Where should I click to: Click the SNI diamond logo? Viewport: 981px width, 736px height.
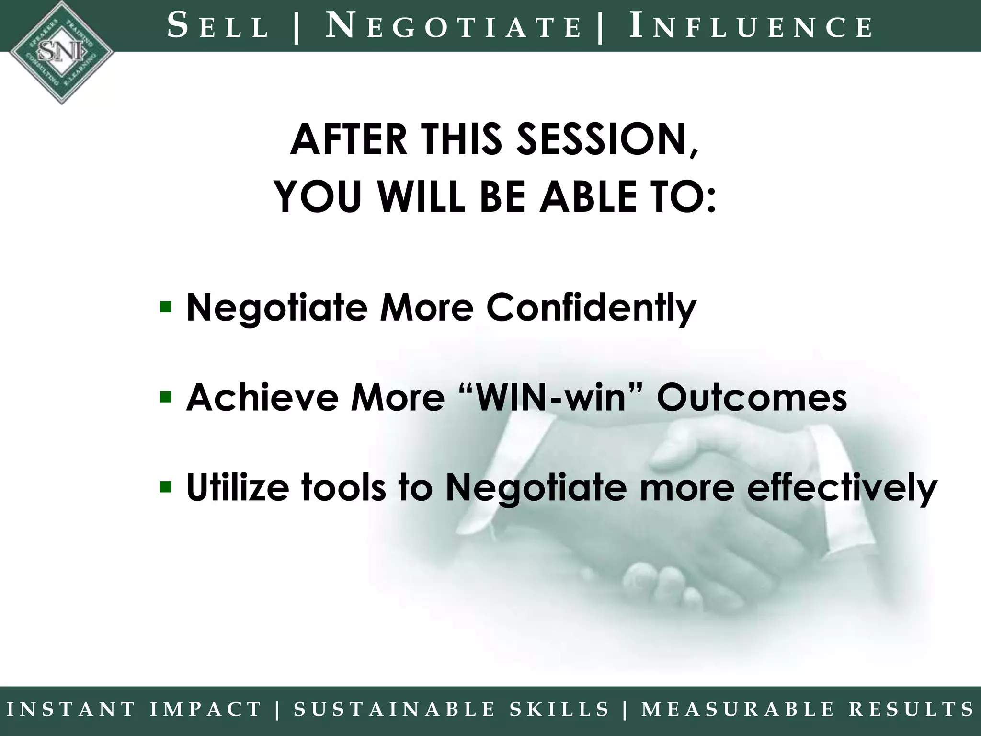(x=61, y=52)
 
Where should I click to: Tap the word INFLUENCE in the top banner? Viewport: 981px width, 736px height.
(x=750, y=27)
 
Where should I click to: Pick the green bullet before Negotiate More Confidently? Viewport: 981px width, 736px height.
(x=166, y=306)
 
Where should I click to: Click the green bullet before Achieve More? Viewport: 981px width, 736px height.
(x=166, y=397)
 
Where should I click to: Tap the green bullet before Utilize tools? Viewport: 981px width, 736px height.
(x=166, y=487)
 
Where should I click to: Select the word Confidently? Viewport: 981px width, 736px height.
(x=591, y=308)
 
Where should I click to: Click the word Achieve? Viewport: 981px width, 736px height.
(x=262, y=398)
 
